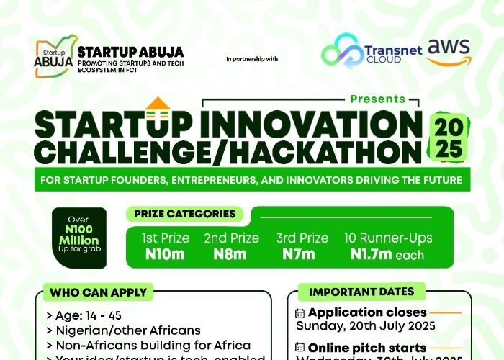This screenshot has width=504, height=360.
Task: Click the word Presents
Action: tap(377, 99)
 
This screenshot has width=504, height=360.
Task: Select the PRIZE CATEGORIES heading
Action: tap(184, 214)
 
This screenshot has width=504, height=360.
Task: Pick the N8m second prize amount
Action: tap(230, 253)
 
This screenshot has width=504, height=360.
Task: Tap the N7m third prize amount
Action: tap(298, 253)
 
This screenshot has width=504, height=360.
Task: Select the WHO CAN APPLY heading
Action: tap(99, 292)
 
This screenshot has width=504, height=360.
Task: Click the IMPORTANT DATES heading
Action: tap(361, 292)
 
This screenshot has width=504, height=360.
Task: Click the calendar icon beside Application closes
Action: tap(300, 313)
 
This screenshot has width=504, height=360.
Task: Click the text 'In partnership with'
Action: tap(251, 58)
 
